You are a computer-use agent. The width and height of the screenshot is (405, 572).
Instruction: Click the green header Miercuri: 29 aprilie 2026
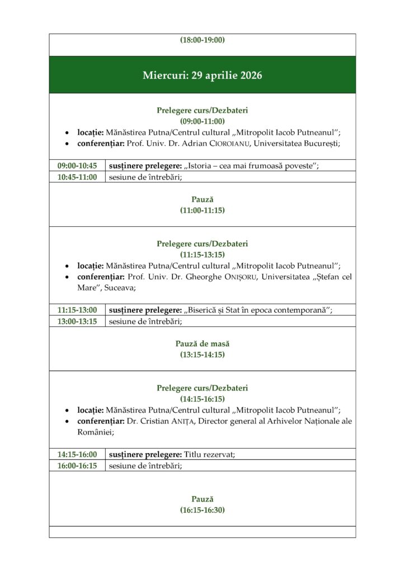tap(202, 75)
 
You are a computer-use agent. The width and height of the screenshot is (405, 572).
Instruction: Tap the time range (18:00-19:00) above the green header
tap(202, 40)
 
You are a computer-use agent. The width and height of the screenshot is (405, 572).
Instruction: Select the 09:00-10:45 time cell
tap(77, 166)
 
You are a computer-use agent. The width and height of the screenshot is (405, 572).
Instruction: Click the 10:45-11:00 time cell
tap(77, 177)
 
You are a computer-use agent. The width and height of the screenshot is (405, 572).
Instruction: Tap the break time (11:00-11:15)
tap(202, 210)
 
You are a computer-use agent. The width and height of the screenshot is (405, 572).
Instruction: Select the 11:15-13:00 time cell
tap(77, 310)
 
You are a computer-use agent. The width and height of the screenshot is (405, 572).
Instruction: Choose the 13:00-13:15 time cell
tap(77, 321)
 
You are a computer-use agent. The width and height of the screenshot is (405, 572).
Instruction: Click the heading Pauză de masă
tap(202, 344)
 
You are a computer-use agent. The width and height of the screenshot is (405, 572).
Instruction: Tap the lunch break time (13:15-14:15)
tap(202, 354)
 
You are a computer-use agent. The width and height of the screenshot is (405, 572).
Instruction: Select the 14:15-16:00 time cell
tap(77, 454)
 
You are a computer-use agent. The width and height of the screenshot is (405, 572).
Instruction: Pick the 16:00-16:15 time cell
tap(77, 465)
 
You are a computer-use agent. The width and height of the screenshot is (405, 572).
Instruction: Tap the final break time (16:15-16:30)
tap(202, 510)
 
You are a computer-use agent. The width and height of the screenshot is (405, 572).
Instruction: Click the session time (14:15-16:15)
tap(202, 399)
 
